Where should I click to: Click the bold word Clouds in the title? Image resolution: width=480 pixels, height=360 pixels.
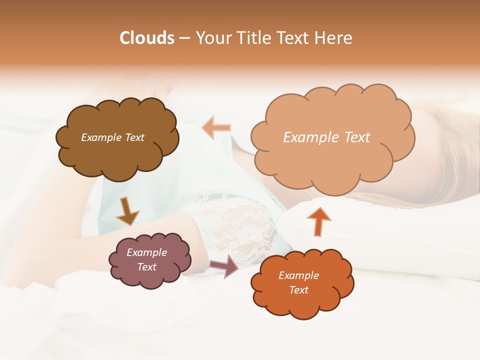click(x=147, y=38)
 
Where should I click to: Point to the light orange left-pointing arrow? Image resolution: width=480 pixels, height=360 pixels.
click(x=216, y=127)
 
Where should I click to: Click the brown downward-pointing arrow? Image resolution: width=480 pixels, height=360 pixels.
click(x=126, y=211)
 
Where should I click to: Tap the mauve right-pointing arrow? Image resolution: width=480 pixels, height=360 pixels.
click(x=225, y=266)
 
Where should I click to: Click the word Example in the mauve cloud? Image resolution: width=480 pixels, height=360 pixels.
click(x=146, y=252)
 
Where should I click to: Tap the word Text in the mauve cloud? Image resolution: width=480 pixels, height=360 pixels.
click(x=146, y=267)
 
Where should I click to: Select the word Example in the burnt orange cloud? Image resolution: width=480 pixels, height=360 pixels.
click(x=298, y=275)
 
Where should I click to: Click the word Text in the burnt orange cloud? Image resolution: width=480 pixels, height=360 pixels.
click(x=298, y=290)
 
